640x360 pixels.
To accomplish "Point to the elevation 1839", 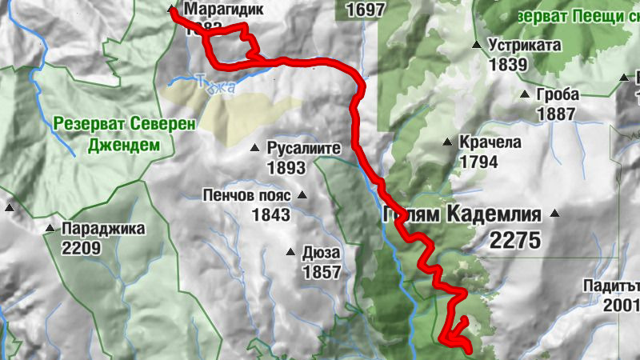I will click(x=509, y=65).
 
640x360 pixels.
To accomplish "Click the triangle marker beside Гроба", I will click(x=525, y=94).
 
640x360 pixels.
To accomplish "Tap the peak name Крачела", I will click(x=490, y=143).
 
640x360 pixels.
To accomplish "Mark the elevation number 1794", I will click(x=479, y=162).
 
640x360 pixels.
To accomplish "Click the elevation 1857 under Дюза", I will click(x=322, y=272).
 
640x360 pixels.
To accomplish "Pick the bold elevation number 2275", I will click(x=515, y=239).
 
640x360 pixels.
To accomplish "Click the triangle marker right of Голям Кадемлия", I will click(x=554, y=214).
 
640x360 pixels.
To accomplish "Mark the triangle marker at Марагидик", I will click(x=170, y=10).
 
